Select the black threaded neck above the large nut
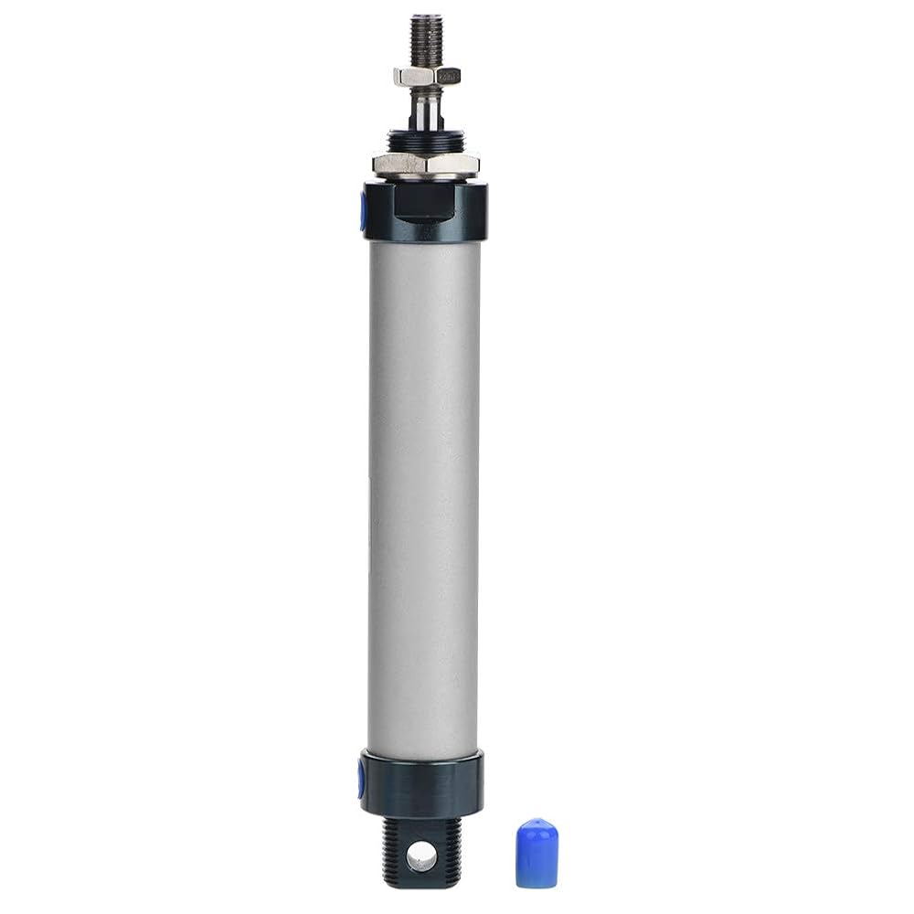425,141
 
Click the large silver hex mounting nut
425,165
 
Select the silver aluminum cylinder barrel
423,494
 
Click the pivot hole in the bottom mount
421,856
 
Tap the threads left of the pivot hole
394,855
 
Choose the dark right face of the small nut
450,77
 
